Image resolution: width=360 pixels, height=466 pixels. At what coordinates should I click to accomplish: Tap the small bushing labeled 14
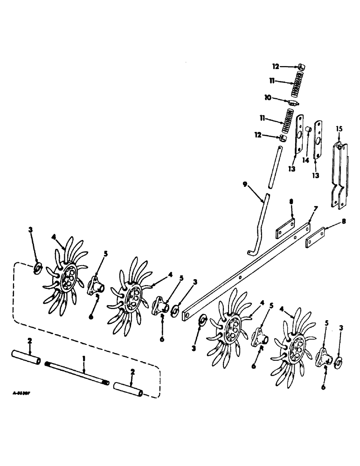309,129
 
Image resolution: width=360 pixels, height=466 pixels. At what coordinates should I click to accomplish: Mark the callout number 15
339,128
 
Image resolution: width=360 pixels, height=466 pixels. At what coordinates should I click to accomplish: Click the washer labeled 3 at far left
37,269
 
